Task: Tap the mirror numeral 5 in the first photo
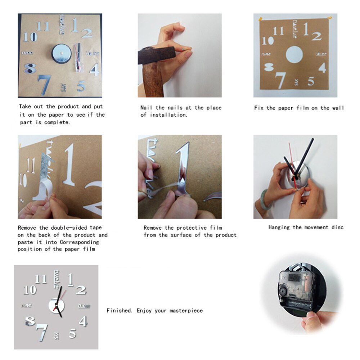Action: click(81, 86)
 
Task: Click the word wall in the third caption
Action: click(338, 108)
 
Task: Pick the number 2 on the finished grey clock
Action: click(81, 290)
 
